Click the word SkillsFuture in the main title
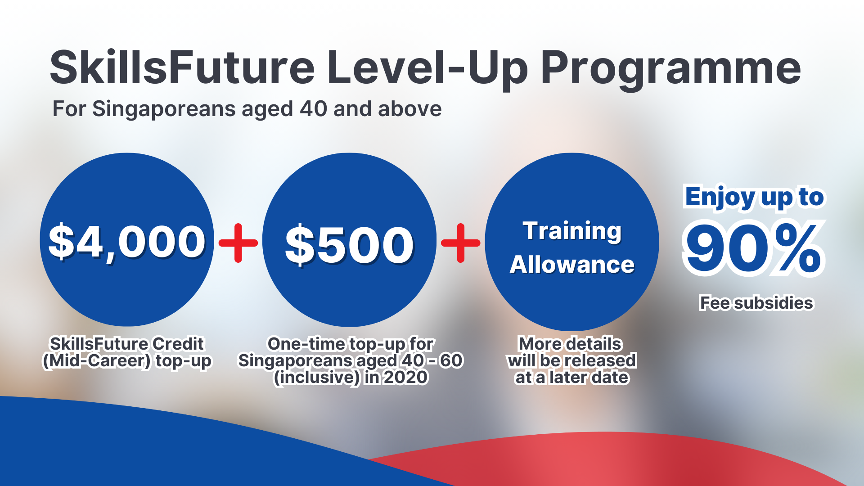(x=182, y=67)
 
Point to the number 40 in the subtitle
(x=313, y=109)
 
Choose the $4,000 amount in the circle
(x=127, y=242)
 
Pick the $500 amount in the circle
(x=349, y=245)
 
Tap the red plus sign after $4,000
(x=238, y=243)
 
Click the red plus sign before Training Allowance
(x=460, y=243)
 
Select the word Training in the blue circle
(x=572, y=231)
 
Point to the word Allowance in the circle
(x=572, y=265)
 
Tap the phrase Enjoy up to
(x=754, y=197)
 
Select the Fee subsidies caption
(x=756, y=303)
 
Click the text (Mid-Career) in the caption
(x=96, y=361)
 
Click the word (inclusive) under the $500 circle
(x=317, y=377)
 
